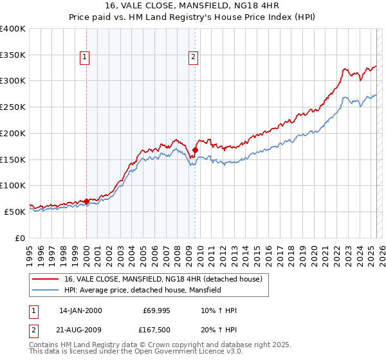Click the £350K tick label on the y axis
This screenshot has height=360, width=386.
(x=13, y=55)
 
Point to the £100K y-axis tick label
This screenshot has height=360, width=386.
(x=13, y=185)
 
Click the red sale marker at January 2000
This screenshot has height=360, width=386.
(x=86, y=201)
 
